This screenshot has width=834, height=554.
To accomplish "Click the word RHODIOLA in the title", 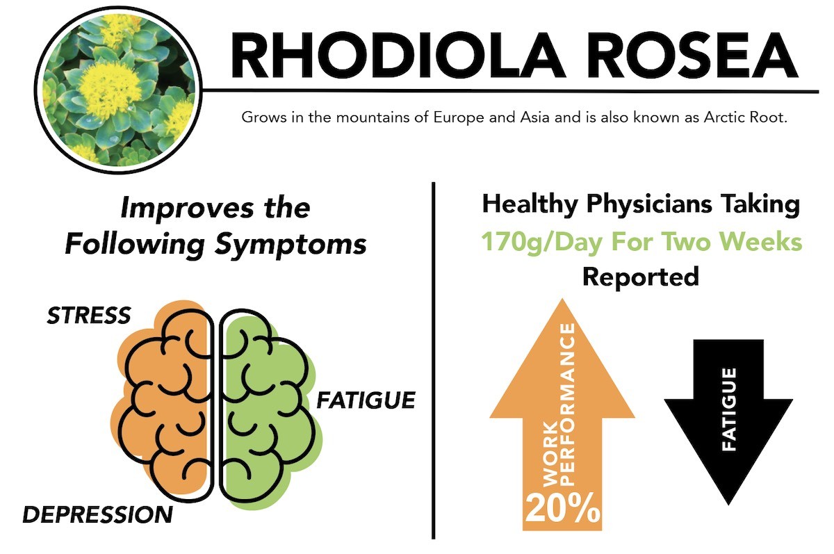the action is (x=398, y=55).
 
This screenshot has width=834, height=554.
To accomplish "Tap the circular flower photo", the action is (x=118, y=90).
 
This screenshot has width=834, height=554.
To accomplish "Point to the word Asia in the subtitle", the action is (x=534, y=117).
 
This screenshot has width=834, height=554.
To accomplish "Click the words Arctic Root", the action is (x=745, y=117).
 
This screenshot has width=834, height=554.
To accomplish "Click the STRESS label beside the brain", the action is (x=89, y=316).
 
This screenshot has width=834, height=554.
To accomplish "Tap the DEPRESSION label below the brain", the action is (x=97, y=514).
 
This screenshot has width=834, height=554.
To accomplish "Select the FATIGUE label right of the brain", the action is (x=366, y=400).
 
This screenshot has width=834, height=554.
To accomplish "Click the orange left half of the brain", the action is (x=164, y=398).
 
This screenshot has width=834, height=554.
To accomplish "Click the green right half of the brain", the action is (x=268, y=406).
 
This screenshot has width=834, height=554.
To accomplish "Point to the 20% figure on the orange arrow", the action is (x=562, y=509).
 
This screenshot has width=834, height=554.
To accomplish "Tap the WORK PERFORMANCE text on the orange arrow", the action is (x=559, y=405).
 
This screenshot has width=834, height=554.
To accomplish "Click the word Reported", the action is (x=640, y=277).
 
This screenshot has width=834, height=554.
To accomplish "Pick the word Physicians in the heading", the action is (x=649, y=205).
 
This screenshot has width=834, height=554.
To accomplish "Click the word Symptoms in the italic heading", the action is (x=291, y=245).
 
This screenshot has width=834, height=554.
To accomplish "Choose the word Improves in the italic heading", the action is (x=186, y=208).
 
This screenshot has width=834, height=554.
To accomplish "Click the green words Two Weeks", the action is (x=733, y=242).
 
